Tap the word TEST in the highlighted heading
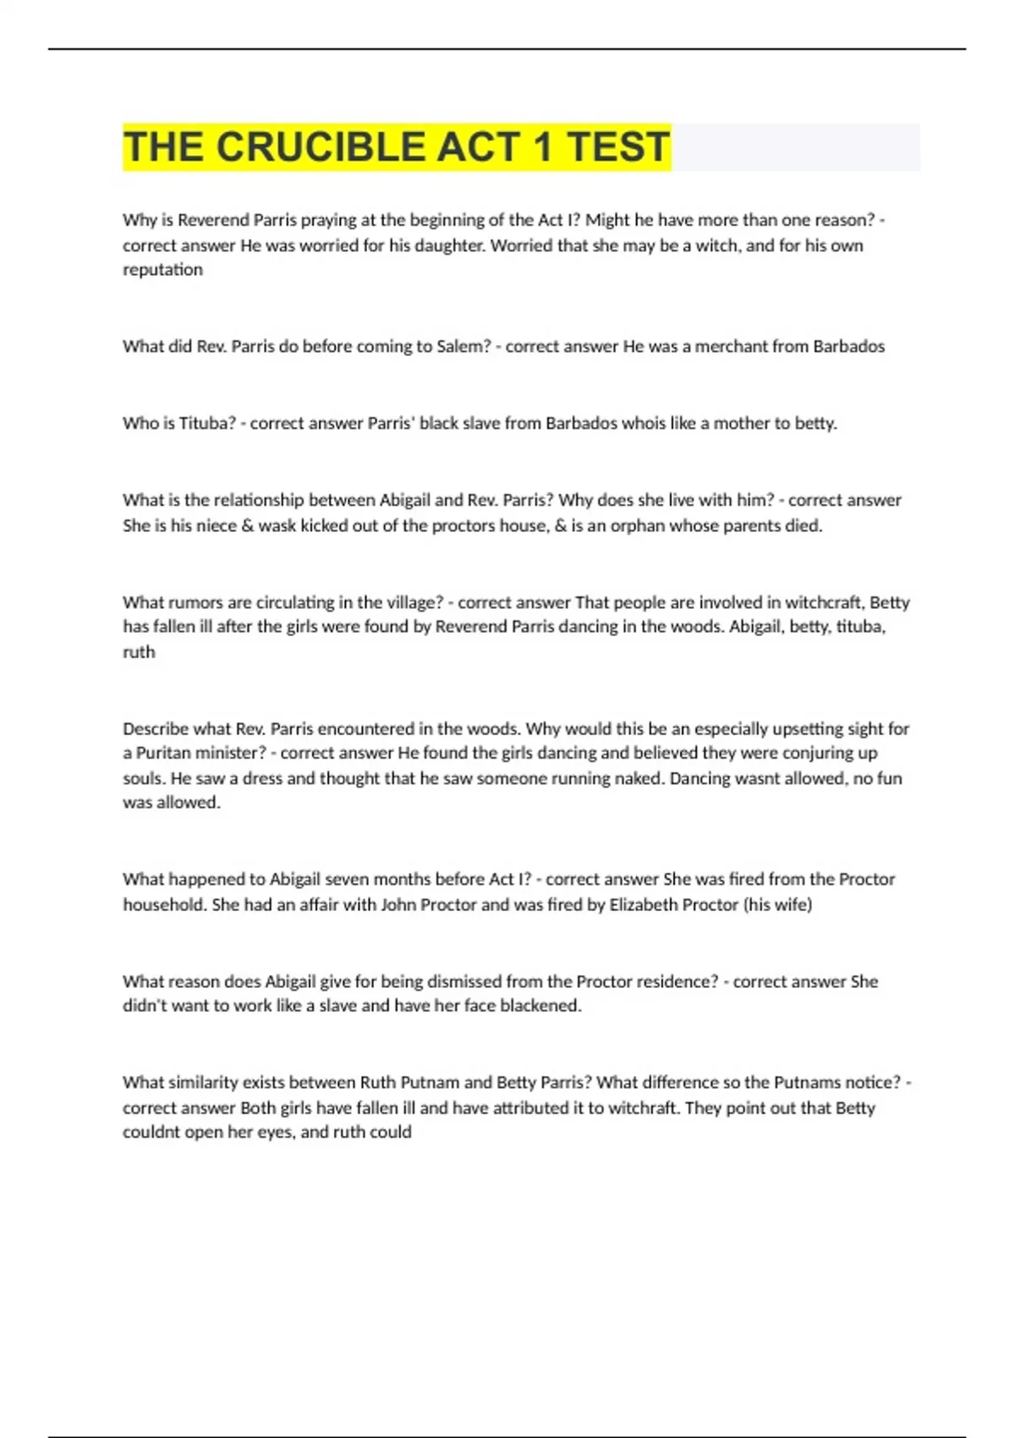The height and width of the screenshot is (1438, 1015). click(x=618, y=147)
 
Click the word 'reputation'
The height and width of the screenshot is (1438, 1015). click(x=162, y=270)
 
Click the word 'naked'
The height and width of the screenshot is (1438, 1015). click(x=638, y=778)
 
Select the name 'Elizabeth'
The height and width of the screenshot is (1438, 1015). click(x=644, y=905)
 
